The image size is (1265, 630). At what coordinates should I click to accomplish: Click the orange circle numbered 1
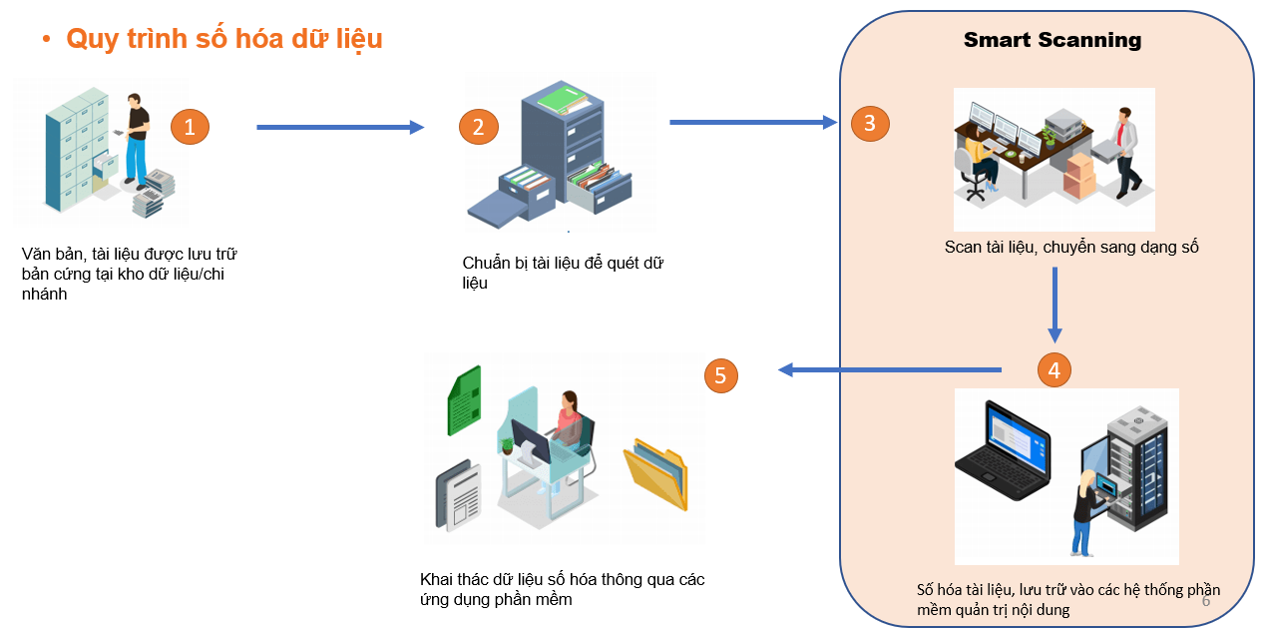pyautogui.click(x=190, y=127)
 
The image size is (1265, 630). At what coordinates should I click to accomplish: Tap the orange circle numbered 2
pyautogui.click(x=478, y=127)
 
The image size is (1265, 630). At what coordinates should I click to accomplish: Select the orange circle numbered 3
pyautogui.click(x=870, y=123)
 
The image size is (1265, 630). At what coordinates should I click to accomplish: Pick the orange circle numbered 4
pyautogui.click(x=1054, y=369)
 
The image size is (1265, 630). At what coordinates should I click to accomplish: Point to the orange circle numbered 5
pyautogui.click(x=721, y=375)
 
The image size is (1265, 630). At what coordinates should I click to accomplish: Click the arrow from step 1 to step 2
pyautogui.click(x=340, y=127)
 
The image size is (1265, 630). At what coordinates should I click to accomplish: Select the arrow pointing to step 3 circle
pyautogui.click(x=753, y=123)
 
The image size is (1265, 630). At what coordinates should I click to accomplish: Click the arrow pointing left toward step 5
pyautogui.click(x=889, y=370)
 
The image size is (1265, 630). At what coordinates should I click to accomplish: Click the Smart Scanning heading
pyautogui.click(x=1052, y=40)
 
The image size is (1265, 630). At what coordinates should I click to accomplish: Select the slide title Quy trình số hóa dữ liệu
pyautogui.click(x=224, y=38)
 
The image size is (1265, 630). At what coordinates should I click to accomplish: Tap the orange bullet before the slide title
pyautogui.click(x=46, y=40)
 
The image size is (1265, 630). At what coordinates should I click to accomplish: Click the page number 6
pyautogui.click(x=1205, y=601)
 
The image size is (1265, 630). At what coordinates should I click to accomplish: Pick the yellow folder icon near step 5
pyautogui.click(x=655, y=474)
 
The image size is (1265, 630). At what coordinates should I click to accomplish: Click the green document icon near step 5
pyautogui.click(x=464, y=399)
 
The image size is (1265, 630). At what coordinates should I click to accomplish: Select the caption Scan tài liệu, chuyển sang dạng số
pyautogui.click(x=1070, y=248)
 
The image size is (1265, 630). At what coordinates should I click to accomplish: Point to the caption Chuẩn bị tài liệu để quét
pyautogui.click(x=563, y=273)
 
